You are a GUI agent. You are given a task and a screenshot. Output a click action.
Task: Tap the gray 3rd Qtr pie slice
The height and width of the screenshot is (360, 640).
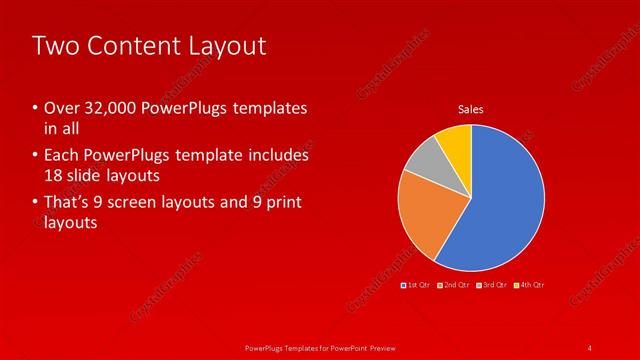click(423, 160)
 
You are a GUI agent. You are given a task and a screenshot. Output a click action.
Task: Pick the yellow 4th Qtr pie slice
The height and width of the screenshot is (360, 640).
click(456, 143)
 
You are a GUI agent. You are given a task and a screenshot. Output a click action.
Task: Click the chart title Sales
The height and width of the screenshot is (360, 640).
click(472, 108)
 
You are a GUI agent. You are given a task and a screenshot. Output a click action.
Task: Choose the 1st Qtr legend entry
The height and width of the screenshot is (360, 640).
click(417, 286)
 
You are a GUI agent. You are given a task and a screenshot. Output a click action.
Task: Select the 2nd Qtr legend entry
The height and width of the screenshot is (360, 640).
click(454, 286)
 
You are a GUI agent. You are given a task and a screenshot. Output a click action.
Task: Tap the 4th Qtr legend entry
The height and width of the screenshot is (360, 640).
click(531, 286)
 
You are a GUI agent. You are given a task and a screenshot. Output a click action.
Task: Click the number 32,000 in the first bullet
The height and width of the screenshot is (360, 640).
click(109, 108)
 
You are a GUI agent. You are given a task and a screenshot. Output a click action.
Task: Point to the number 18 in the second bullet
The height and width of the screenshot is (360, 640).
click(54, 175)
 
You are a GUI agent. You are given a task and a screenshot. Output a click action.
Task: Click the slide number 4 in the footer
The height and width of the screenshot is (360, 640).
click(590, 347)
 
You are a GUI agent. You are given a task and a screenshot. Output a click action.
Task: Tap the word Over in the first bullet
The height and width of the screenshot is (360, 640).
click(60, 108)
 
